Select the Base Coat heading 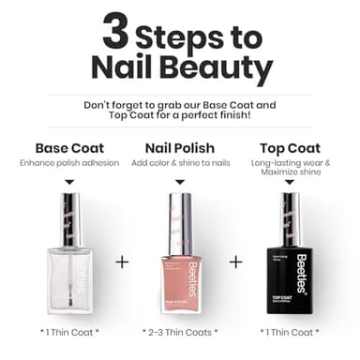point(70,148)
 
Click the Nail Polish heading point(181,148)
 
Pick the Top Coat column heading point(289,148)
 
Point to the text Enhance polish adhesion point(70,163)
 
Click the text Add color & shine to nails point(181,163)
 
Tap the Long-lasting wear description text point(290,169)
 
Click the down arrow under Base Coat point(70,182)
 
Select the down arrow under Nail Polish point(181,182)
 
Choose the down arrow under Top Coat point(290,183)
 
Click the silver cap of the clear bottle point(70,219)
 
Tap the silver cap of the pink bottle point(181,219)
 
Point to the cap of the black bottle point(290,219)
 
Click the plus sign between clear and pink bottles point(122,262)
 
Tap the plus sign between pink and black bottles point(235,262)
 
